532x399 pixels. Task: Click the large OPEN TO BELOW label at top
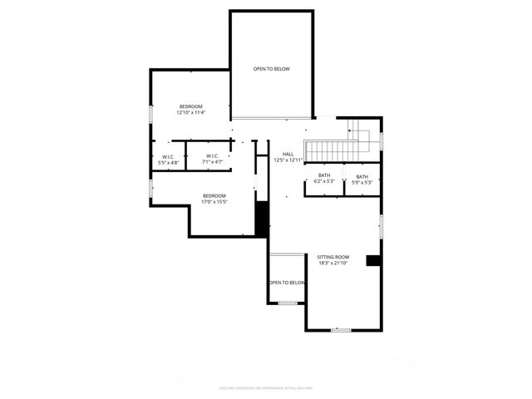click(x=272, y=69)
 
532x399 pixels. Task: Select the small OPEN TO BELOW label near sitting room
click(x=287, y=283)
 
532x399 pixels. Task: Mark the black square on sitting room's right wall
click(x=373, y=260)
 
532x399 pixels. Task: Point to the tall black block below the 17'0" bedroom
click(x=261, y=219)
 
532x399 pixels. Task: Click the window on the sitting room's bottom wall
click(x=341, y=330)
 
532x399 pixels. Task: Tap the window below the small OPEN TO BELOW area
click(x=288, y=303)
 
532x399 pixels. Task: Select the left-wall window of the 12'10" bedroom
click(x=150, y=113)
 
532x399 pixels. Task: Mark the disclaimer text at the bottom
click(x=266, y=387)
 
